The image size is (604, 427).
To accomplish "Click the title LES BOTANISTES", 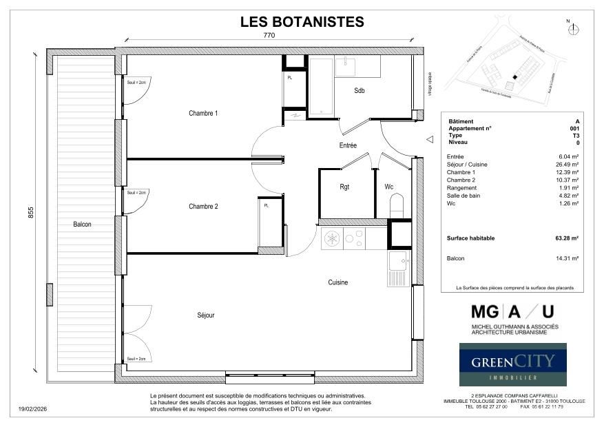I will pos(302,21).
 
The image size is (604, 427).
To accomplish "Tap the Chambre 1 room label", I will pos(203,113).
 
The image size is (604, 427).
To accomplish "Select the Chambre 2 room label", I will pos(203,206).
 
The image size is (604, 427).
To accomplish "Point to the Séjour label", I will pos(205,315).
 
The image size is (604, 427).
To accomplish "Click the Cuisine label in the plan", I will pos(337,282).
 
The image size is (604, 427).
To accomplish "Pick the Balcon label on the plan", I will pos(83,224).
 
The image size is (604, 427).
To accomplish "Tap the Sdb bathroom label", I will pos(360,91).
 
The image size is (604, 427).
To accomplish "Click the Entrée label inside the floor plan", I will pos(348,145).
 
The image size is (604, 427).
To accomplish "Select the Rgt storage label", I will pos(345,187).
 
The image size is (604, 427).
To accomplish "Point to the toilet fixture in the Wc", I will pos(397,205).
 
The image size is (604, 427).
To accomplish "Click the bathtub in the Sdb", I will pos(320,86).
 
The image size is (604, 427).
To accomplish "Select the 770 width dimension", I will pos(269,35).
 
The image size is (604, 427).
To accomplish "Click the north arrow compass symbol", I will pos(575,29).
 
